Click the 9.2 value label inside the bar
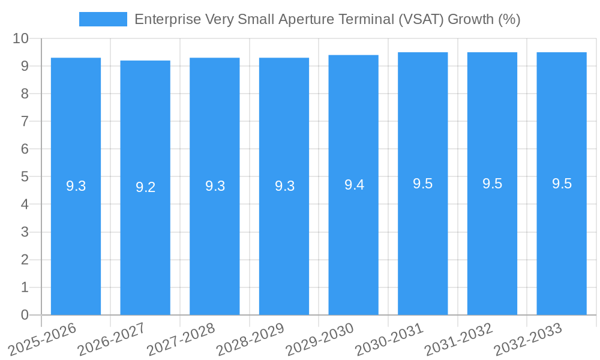click(x=145, y=187)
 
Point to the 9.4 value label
click(x=354, y=185)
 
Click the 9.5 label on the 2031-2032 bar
click(x=492, y=184)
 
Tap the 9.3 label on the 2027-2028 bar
click(x=215, y=186)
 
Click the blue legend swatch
click(x=103, y=19)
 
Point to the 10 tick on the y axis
click(x=21, y=38)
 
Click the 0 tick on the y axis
click(x=25, y=315)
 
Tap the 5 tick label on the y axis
click(x=25, y=176)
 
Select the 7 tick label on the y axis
click(x=25, y=121)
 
